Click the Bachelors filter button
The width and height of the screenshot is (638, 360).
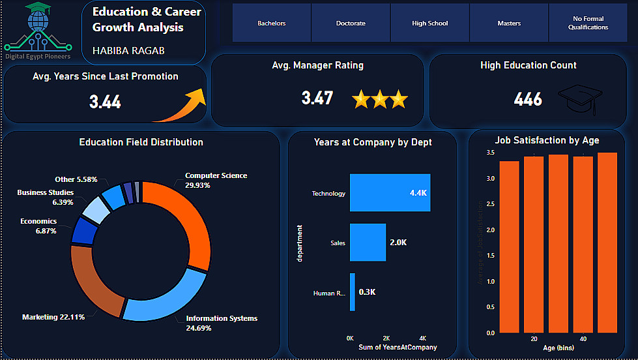(271, 23)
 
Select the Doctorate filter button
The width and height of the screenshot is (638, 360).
(351, 23)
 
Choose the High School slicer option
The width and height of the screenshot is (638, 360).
(430, 23)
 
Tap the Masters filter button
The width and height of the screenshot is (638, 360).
(509, 23)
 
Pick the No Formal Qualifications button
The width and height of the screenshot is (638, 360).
(588, 23)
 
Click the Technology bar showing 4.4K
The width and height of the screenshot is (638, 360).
(390, 193)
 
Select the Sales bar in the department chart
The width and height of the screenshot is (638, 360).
(367, 243)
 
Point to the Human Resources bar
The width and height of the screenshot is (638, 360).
(353, 292)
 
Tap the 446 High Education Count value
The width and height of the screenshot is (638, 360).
(528, 99)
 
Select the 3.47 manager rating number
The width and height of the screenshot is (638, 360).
(317, 98)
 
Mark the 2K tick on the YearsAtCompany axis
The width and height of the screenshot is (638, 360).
(386, 338)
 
